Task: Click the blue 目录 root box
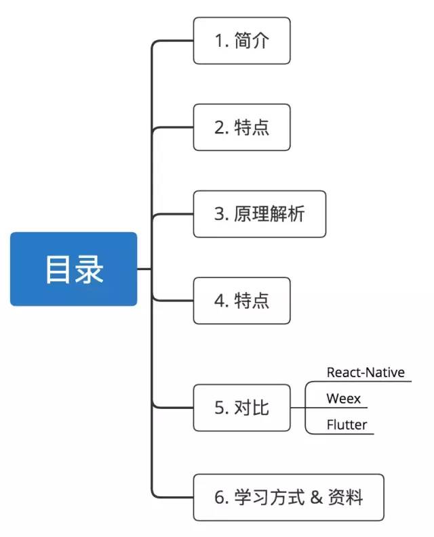pos(73,269)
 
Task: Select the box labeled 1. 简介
pos(241,41)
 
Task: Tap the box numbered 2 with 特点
pos(241,127)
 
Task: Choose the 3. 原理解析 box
pos(259,214)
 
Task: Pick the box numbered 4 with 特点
pos(241,300)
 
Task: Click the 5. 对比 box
pos(241,408)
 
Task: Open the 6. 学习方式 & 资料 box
pos(289,498)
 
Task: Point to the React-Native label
pos(365,372)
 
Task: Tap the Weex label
pos(343,398)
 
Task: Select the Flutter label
pos(347,425)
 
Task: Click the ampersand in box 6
pos(317,498)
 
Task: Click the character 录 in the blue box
pos(89,269)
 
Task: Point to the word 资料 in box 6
pos(346,498)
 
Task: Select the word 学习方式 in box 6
pos(270,498)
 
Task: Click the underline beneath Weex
pos(339,408)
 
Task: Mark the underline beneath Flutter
pos(342,434)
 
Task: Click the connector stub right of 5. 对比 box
pos(298,408)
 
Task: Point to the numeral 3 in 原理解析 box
pos(219,214)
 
